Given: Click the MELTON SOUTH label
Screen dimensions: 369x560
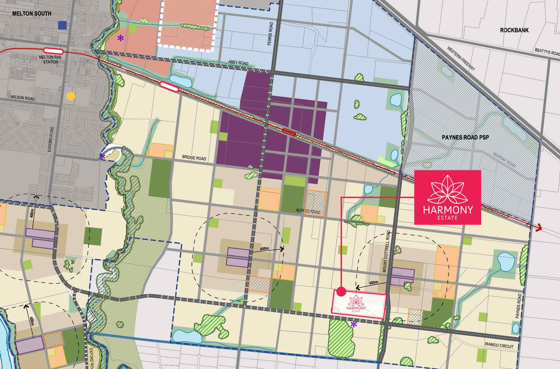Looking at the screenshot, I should click(x=32, y=14).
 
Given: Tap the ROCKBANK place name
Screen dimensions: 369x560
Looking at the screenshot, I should click(x=514, y=30).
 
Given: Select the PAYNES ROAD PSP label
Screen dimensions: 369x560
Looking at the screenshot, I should click(x=465, y=137).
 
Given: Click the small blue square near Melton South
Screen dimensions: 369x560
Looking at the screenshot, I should click(x=62, y=25).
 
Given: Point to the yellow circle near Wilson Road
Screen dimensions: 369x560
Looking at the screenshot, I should click(x=71, y=96).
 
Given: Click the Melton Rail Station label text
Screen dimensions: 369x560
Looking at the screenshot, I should click(x=50, y=60).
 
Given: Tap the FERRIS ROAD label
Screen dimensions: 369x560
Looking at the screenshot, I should click(x=270, y=34).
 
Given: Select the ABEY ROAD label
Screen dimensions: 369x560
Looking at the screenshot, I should click(x=238, y=63).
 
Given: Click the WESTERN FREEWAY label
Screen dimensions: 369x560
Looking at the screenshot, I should click(x=461, y=58).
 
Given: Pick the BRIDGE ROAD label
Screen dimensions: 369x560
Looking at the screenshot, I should click(x=194, y=158).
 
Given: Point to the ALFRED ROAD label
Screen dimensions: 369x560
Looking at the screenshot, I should click(x=308, y=211).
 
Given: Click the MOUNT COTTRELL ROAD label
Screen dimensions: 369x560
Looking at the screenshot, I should click(x=386, y=251).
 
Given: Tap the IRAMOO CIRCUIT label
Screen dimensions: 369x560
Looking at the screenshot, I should click(x=499, y=346).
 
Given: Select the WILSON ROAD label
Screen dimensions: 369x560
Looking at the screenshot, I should click(x=22, y=98).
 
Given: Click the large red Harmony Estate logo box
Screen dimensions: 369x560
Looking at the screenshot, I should click(x=447, y=197).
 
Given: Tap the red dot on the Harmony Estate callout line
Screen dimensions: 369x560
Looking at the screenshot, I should click(x=341, y=291).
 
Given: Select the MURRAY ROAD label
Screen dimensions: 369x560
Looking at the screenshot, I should click(x=504, y=160).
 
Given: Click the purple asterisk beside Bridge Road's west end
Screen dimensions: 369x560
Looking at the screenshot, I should click(x=102, y=156).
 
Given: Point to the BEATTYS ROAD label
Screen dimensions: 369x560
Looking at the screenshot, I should click(x=547, y=52).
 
